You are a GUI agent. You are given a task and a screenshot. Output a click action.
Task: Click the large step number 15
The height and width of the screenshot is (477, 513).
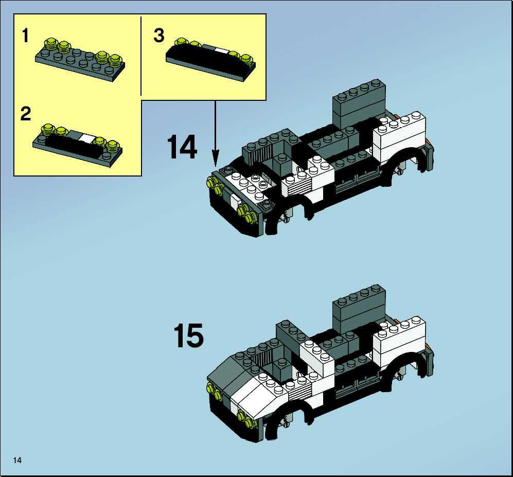tap(188, 335)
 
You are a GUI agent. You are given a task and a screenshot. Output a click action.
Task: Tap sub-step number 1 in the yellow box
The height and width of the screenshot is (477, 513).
tap(26, 36)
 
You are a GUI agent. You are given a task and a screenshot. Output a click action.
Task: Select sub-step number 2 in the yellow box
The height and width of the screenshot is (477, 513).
tap(26, 114)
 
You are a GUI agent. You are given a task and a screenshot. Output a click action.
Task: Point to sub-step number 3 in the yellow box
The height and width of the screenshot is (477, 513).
tap(158, 36)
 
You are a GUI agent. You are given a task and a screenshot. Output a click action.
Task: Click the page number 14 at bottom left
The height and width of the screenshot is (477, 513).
tap(17, 460)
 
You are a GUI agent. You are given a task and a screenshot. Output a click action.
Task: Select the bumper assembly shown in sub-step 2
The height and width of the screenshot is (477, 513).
tap(77, 145)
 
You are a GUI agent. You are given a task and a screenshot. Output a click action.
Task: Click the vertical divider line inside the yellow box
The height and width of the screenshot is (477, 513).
tap(140, 56)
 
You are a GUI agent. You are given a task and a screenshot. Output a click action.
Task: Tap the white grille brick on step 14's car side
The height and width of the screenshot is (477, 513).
tap(297, 185)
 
